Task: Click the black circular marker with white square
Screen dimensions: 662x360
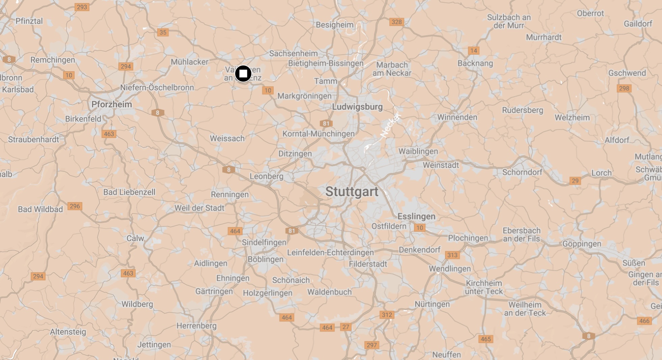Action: pyautogui.click(x=243, y=74)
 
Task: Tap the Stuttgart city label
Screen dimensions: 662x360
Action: pyautogui.click(x=352, y=192)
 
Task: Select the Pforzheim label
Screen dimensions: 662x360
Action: pyautogui.click(x=112, y=104)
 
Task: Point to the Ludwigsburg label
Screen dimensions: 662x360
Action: pyautogui.click(x=357, y=107)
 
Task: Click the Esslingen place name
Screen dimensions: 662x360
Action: pyautogui.click(x=416, y=216)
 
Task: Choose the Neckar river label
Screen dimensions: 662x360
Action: pyautogui.click(x=391, y=125)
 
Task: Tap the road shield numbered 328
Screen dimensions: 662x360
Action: pyautogui.click(x=396, y=22)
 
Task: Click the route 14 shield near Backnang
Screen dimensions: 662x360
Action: pyautogui.click(x=474, y=51)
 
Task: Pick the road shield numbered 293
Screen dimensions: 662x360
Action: pyautogui.click(x=82, y=7)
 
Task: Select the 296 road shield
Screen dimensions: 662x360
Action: pyautogui.click(x=75, y=206)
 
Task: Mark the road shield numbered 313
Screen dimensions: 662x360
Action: pyautogui.click(x=452, y=255)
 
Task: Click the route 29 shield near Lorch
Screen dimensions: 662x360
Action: pyautogui.click(x=575, y=181)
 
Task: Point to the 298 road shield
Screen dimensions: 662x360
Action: pyautogui.click(x=624, y=88)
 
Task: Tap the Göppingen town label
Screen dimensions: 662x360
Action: pyautogui.click(x=582, y=244)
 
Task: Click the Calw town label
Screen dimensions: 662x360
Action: pyautogui.click(x=135, y=238)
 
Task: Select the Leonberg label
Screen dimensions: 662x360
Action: pyautogui.click(x=267, y=176)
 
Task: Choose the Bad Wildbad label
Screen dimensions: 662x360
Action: pyautogui.click(x=40, y=209)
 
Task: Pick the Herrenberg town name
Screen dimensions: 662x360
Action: pyautogui.click(x=196, y=326)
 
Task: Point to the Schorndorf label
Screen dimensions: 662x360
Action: pyautogui.click(x=522, y=172)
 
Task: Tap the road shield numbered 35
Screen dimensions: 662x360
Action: pyautogui.click(x=163, y=32)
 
